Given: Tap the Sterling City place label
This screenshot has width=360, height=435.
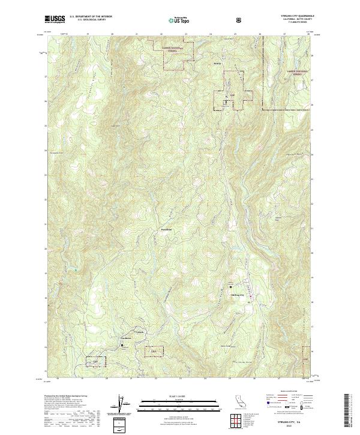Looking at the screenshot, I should click(x=238, y=295).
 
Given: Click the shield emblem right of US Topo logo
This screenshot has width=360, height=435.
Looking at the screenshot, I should click(x=239, y=20).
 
